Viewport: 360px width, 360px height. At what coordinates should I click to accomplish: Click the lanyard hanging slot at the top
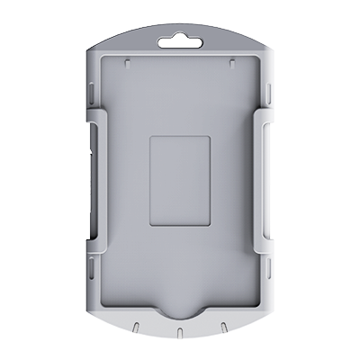pyautogui.click(x=180, y=40)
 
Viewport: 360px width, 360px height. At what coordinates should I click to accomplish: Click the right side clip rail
pyautogui.click(x=265, y=180)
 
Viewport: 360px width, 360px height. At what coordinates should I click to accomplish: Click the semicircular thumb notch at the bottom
pyautogui.click(x=180, y=311)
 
